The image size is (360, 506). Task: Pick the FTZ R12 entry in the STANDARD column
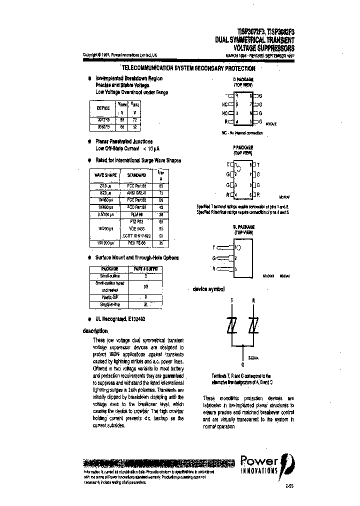click(x=136, y=220)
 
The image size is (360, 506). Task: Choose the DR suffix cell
click(x=145, y=286)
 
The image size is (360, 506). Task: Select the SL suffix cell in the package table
click(x=145, y=304)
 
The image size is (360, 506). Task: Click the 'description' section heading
click(x=95, y=331)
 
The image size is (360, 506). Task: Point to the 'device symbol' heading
click(x=208, y=289)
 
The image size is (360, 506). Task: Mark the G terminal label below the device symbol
click(x=242, y=364)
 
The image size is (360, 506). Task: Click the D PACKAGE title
click(x=243, y=79)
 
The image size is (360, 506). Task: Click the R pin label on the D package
click(x=226, y=121)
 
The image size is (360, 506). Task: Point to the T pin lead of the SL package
click(x=222, y=247)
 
